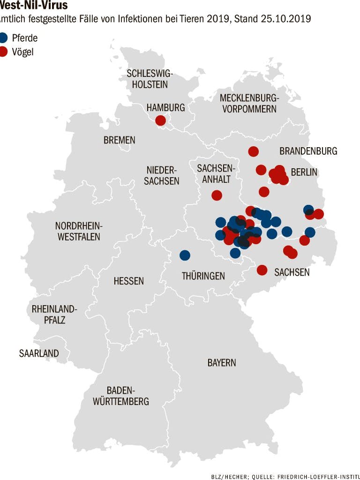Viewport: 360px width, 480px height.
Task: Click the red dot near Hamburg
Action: coord(160,121)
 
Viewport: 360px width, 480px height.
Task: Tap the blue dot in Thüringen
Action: coord(185,255)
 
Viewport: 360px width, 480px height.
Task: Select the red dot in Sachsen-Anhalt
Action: coord(217,195)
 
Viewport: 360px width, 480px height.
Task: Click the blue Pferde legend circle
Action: coord(4,38)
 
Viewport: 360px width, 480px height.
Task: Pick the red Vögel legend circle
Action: coord(4,52)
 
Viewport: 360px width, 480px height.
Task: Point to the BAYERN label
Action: coord(222,363)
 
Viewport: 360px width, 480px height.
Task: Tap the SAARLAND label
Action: coord(39,353)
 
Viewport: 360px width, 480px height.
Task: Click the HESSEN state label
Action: coord(129,281)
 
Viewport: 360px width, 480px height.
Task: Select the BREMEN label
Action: coord(120,140)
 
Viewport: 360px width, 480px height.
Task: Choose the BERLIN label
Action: coord(304,172)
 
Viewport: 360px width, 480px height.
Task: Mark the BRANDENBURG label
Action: coord(308,151)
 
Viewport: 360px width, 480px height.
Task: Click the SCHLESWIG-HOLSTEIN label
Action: coord(150,79)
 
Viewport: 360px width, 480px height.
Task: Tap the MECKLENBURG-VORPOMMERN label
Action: coord(249,103)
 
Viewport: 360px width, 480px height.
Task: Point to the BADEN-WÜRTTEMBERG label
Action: coord(121,396)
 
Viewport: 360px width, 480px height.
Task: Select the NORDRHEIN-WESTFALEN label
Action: coord(79,231)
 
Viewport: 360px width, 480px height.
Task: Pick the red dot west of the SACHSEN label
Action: coord(262,270)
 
